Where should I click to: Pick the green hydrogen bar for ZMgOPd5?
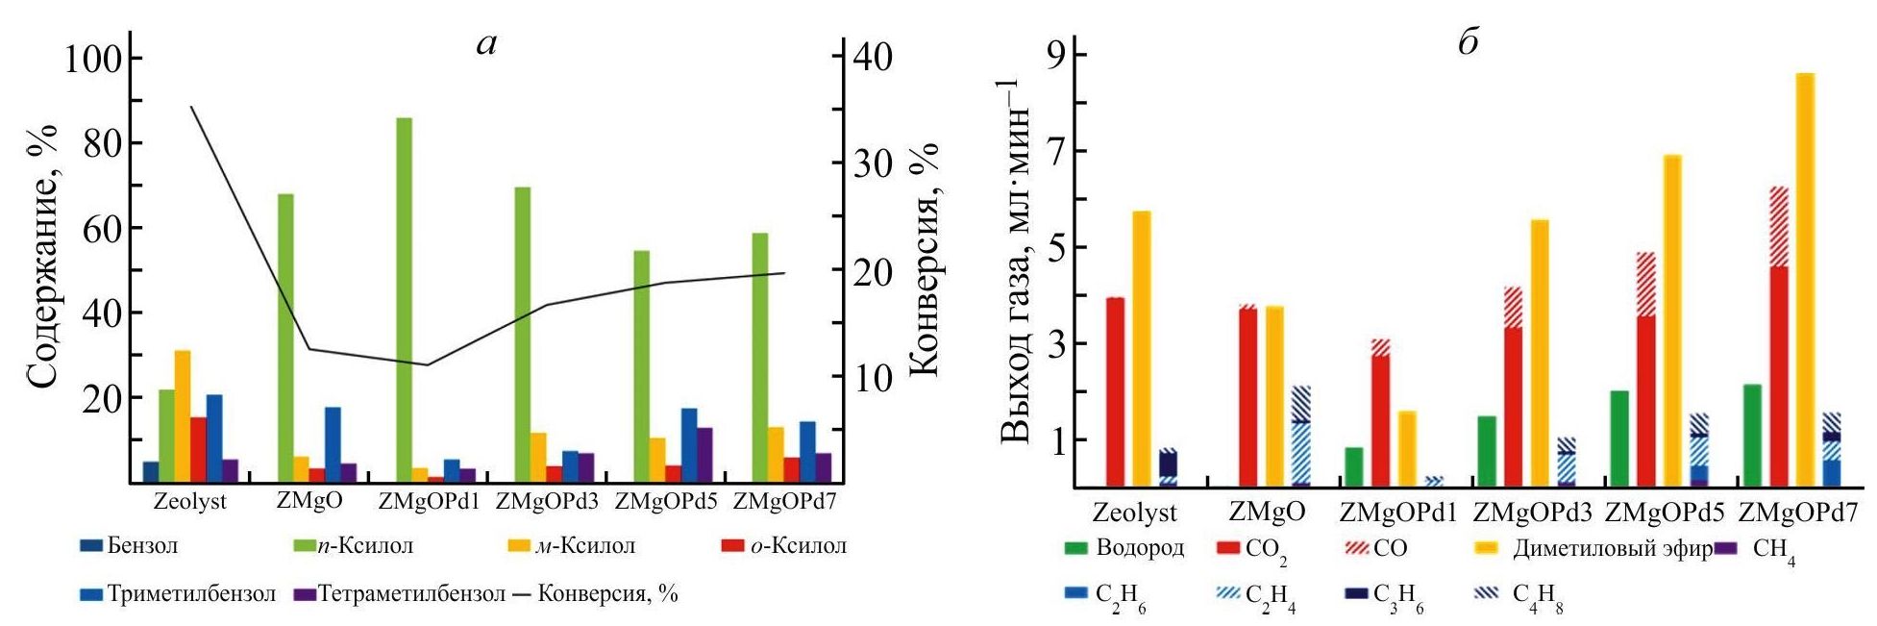[x=1619, y=438]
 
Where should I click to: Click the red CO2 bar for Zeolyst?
[x=1115, y=392]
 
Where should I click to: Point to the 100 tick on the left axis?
[x=92, y=60]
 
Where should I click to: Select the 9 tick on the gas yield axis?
[x=1062, y=55]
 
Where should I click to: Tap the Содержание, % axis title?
[x=41, y=257]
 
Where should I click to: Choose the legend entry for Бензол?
[x=131, y=546]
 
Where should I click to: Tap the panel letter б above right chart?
[x=1468, y=43]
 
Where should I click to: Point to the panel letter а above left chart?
[x=487, y=43]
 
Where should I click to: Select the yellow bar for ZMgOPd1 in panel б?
[x=1407, y=449]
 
